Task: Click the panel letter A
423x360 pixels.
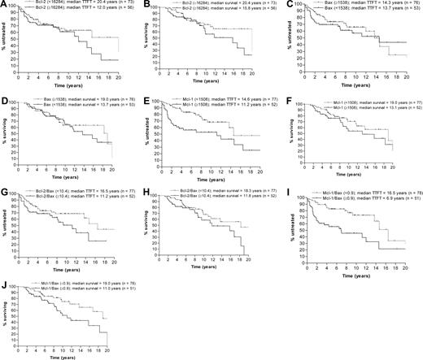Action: tap(4, 4)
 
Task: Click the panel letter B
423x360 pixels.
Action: tap(146, 4)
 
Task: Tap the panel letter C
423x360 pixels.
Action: tap(286, 4)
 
